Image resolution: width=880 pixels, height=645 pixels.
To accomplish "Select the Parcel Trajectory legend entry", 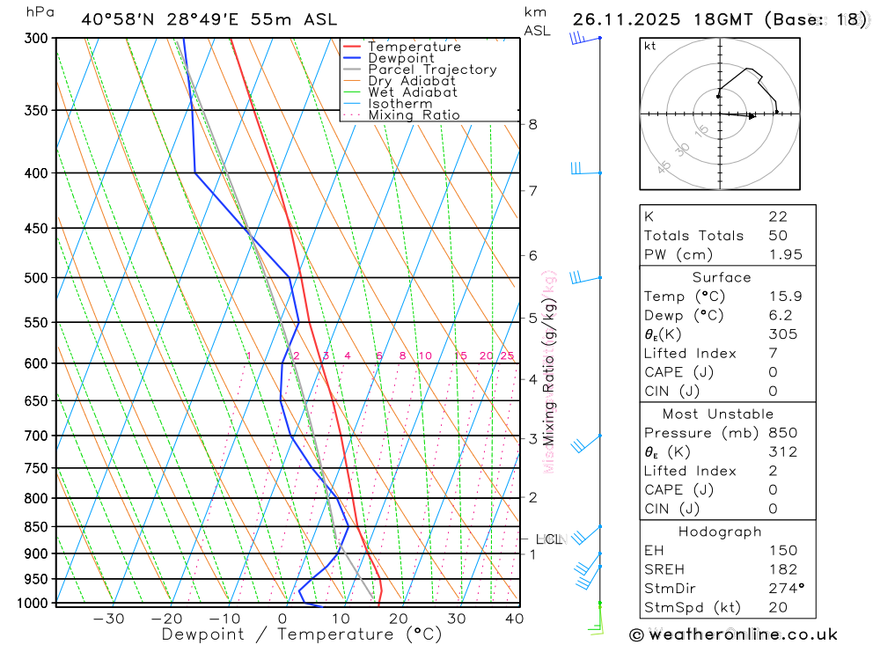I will pos(431,70).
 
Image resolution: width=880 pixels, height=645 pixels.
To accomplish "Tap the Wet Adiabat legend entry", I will pos(412,92).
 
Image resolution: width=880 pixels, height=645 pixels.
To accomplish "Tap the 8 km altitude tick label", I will pos(533,124).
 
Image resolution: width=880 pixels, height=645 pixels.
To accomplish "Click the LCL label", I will pos(548,539).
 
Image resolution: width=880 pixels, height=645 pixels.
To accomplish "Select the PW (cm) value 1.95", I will pos(783,254).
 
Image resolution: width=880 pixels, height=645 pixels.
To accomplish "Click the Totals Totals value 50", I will pos(777,235).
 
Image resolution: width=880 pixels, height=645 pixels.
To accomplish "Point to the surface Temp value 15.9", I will pos(783,297).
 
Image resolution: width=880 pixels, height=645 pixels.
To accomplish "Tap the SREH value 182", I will pos(781,569).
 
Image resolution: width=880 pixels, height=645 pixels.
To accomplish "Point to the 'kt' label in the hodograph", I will pos(649,47).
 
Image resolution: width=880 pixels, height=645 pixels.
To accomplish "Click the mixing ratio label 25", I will pos(507,356).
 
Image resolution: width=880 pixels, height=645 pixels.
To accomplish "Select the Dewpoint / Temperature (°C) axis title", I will pos(301,634).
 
